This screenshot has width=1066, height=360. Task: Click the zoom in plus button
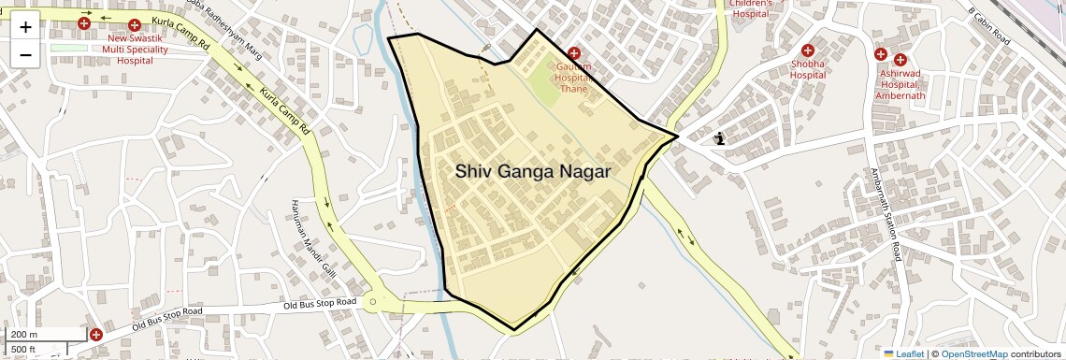tap(25, 26)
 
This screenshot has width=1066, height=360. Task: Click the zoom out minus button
tap(25, 54)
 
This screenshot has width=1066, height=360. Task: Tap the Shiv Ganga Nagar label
tap(533, 171)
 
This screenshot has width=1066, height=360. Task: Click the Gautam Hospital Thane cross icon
tap(573, 53)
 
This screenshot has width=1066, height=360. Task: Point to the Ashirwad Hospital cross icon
tap(881, 58)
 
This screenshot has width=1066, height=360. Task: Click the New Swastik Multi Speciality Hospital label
tap(135, 49)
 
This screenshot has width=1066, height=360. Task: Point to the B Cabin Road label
tap(990, 25)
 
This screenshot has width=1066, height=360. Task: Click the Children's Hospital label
tap(753, 8)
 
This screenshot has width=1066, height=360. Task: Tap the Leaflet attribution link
tap(903, 353)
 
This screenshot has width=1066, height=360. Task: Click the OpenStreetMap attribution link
tap(973, 353)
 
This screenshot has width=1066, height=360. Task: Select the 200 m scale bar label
tap(24, 334)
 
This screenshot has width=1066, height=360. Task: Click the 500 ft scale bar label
tap(24, 349)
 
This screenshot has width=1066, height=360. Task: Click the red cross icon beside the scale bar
tap(96, 334)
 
